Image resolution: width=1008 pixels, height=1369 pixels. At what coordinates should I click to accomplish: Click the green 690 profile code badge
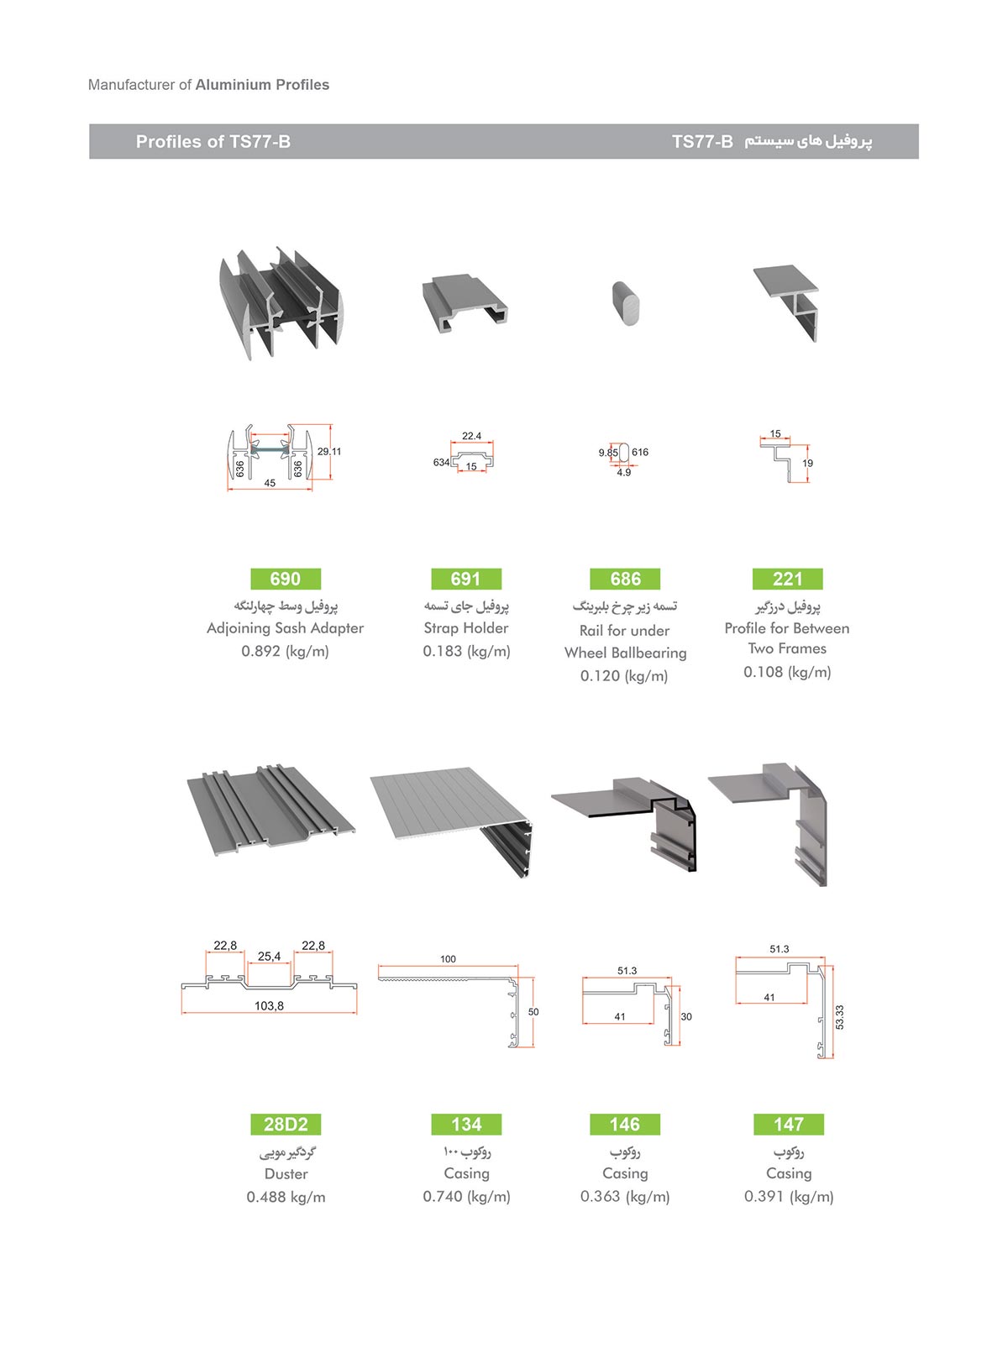pos(286,579)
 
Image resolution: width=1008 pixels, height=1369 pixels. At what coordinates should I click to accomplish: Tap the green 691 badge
pos(466,579)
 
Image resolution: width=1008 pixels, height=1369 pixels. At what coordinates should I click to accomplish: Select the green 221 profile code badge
pos(787,579)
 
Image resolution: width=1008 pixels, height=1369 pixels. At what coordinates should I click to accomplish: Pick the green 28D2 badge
pos(286,1124)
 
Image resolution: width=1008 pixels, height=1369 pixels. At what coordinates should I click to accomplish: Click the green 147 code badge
pos(789,1124)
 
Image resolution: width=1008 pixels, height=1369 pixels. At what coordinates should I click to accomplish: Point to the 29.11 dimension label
pos(329,452)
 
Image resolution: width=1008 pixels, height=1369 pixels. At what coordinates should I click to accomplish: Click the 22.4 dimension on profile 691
pos(471,436)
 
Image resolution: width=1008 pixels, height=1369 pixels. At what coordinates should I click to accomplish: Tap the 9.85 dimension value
pos(608,453)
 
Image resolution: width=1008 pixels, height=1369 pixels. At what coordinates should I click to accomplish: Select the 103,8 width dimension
pos(269,1005)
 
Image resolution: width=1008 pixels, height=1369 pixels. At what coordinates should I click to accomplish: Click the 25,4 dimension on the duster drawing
pos(269,956)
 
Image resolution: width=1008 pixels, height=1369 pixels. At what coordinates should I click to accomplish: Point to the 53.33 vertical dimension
pos(840,1017)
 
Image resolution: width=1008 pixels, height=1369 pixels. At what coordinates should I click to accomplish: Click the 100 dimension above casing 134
pos(448,959)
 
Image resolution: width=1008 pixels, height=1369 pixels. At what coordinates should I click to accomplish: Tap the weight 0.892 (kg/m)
pos(285,651)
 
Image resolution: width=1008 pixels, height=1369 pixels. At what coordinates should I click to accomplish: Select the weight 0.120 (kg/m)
pos(624,676)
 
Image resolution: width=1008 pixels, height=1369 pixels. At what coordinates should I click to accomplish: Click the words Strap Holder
pos(466,627)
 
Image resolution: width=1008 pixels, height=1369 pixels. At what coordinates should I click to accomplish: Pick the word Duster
pos(286,1173)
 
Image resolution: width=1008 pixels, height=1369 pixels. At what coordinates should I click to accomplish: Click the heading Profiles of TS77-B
pos(213,142)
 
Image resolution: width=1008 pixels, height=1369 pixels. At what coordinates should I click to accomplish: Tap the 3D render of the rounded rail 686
pos(626,303)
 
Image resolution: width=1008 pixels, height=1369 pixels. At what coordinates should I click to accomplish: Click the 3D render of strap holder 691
pos(465,304)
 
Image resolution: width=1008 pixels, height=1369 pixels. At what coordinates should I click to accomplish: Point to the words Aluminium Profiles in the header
pos(262,85)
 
